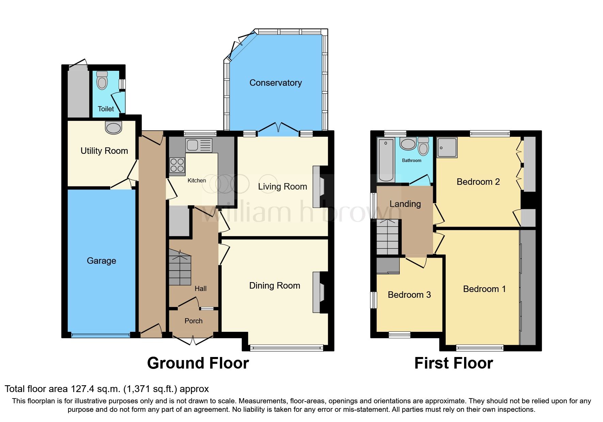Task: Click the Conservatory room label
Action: [275, 83]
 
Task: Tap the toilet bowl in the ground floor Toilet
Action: [102, 81]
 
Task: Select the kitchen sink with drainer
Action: [199, 145]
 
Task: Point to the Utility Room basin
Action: [113, 128]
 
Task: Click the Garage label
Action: [101, 261]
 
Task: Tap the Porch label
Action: [193, 321]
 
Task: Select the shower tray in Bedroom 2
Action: [447, 147]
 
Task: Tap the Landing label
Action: [405, 204]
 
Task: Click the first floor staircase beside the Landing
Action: [387, 237]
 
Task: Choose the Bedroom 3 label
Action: [409, 295]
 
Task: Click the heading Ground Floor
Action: [198, 363]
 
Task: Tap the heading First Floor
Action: [453, 363]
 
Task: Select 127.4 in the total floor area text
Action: [82, 389]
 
